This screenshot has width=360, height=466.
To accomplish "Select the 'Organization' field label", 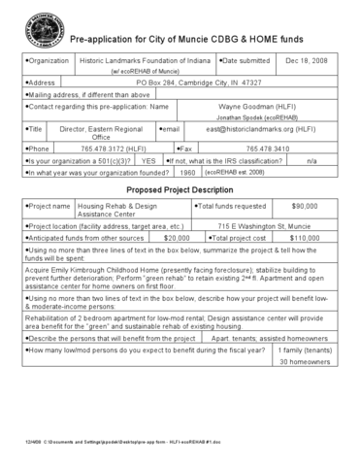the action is coord(47,61).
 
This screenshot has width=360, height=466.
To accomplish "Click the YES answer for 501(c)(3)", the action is coord(148,159).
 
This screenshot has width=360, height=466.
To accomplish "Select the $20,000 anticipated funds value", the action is coord(176,237).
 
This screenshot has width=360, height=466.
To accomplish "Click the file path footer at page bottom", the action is coord(116,439).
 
